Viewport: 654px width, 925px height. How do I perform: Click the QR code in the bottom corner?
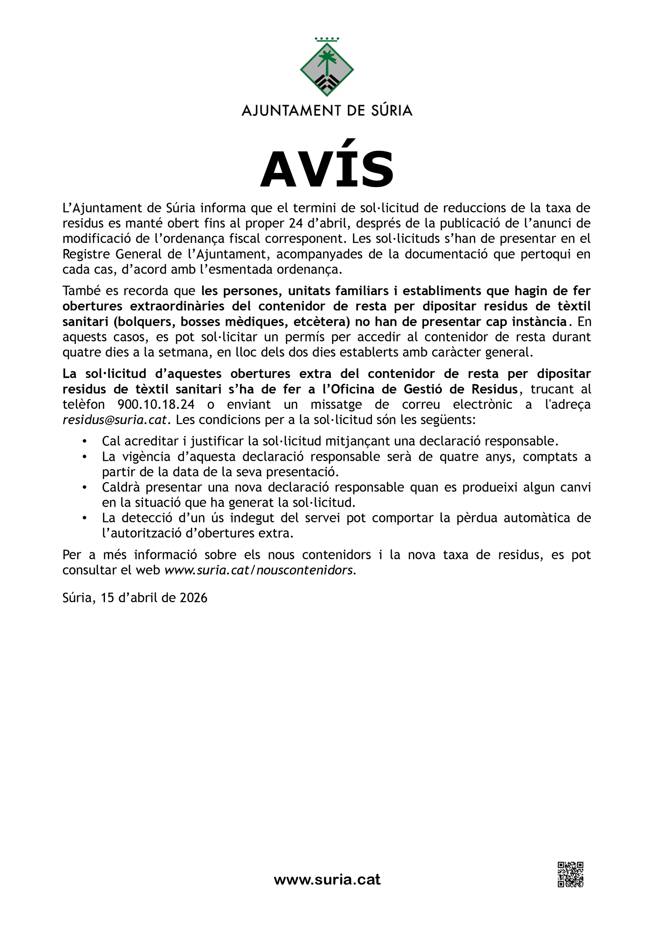(x=570, y=874)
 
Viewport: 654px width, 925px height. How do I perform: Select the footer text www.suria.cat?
(x=327, y=880)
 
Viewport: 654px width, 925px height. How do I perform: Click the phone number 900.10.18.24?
(x=156, y=404)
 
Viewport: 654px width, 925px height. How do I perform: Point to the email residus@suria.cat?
(x=114, y=420)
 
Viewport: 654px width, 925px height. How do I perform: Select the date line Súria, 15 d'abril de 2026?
(x=135, y=597)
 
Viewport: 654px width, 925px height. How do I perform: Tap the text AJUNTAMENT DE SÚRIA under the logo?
(x=327, y=110)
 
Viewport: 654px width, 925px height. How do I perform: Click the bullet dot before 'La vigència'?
(x=84, y=457)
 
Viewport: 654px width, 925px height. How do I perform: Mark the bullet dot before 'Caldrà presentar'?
(x=84, y=488)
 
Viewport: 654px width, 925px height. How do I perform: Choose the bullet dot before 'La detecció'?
(x=84, y=518)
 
